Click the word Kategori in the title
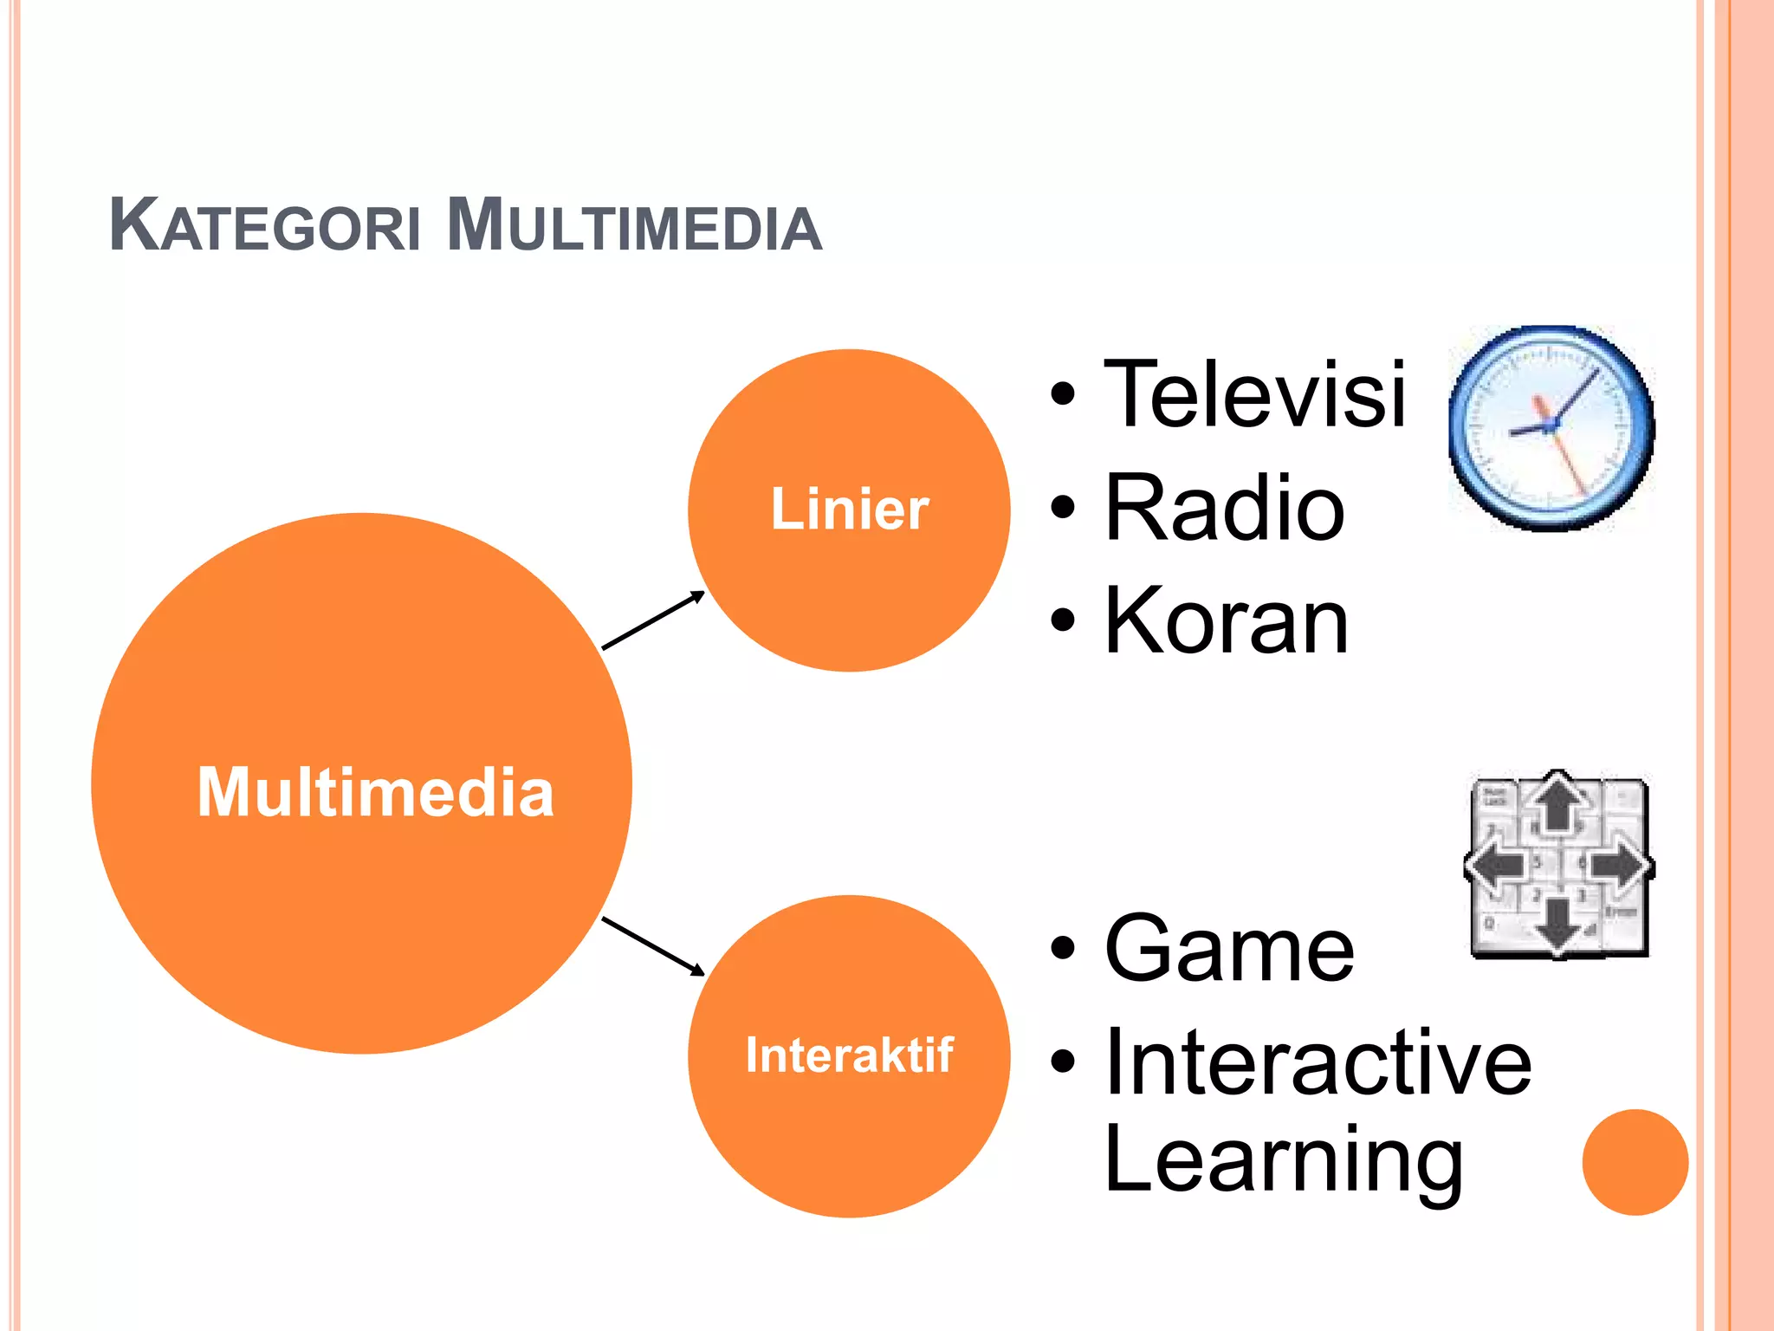pyautogui.click(x=264, y=227)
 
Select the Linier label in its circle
pyautogui.click(x=849, y=509)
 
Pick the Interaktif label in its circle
pyautogui.click(x=849, y=1055)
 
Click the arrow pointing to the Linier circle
pyautogui.click(x=654, y=620)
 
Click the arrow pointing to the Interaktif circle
pyautogui.click(x=654, y=945)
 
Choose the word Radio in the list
pyautogui.click(x=1224, y=509)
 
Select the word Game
pyautogui.click(x=1229, y=950)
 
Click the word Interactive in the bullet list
pyautogui.click(x=1318, y=1062)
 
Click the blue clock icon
pyautogui.click(x=1551, y=428)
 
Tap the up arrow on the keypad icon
pyautogui.click(x=1558, y=801)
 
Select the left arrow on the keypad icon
pyautogui.click(x=1496, y=866)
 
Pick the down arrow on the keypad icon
pyautogui.click(x=1558, y=926)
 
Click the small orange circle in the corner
pyautogui.click(x=1635, y=1162)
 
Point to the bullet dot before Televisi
pyautogui.click(x=1063, y=395)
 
